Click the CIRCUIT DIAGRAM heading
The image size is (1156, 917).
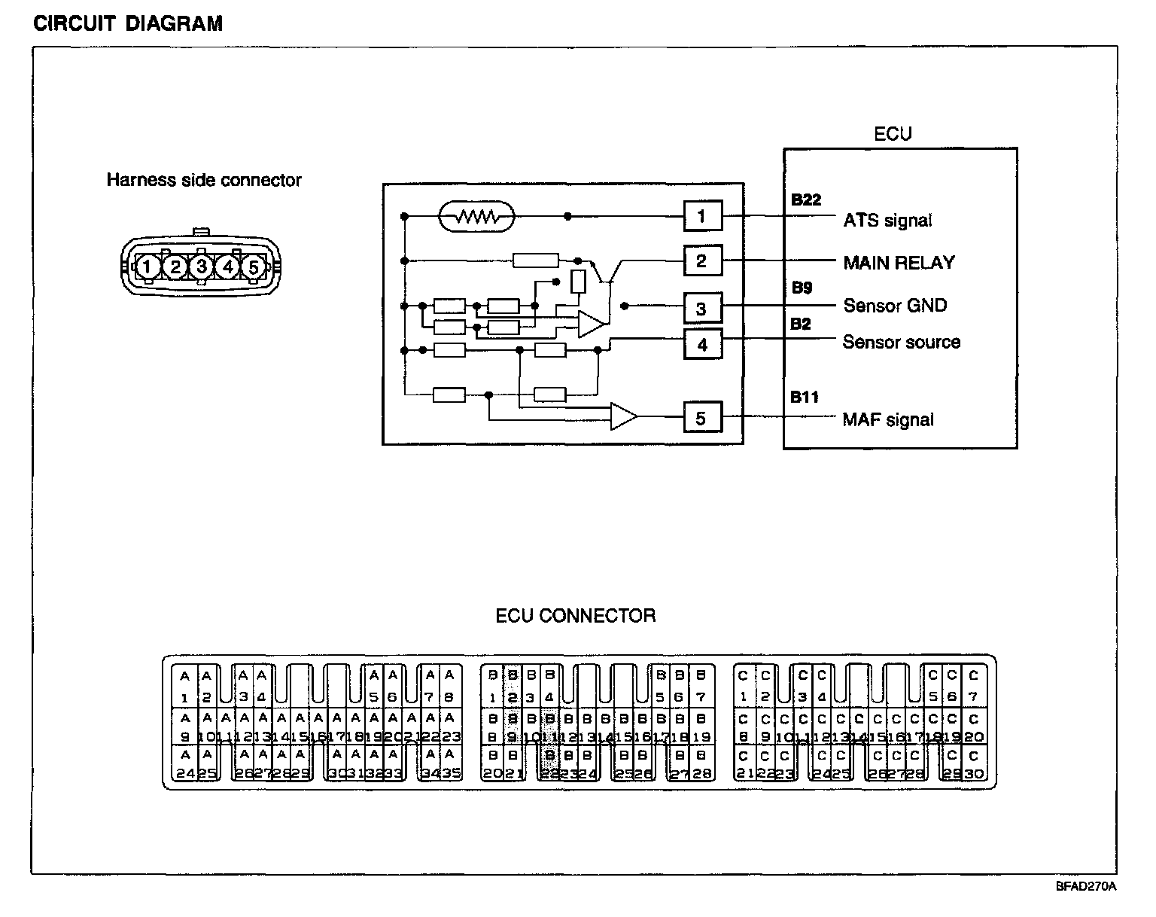click(128, 23)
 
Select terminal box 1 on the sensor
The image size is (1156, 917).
click(702, 217)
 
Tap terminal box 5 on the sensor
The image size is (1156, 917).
click(702, 418)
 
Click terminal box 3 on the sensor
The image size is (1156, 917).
click(702, 308)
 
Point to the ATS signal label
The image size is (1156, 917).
click(887, 221)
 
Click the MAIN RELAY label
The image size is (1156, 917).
click(899, 263)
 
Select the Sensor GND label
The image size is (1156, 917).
click(895, 306)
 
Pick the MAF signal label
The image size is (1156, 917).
click(888, 420)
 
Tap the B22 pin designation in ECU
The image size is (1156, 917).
click(806, 200)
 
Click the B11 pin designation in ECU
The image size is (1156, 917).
click(805, 397)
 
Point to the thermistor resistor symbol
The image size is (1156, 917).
click(476, 217)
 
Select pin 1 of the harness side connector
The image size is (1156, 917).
click(148, 267)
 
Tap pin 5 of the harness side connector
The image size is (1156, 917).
click(254, 267)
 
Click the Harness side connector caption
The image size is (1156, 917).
click(203, 181)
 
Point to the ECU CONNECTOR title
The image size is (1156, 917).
click(575, 616)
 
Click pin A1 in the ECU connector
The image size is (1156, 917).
click(184, 687)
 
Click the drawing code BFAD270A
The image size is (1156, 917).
click(1085, 886)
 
